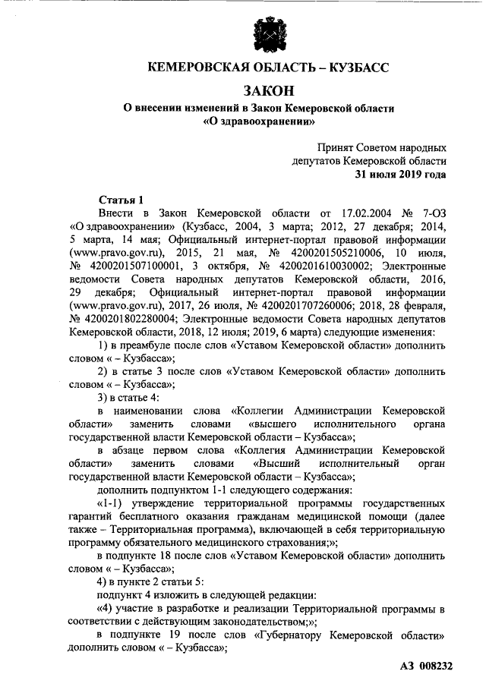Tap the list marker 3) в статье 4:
point(137,401)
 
